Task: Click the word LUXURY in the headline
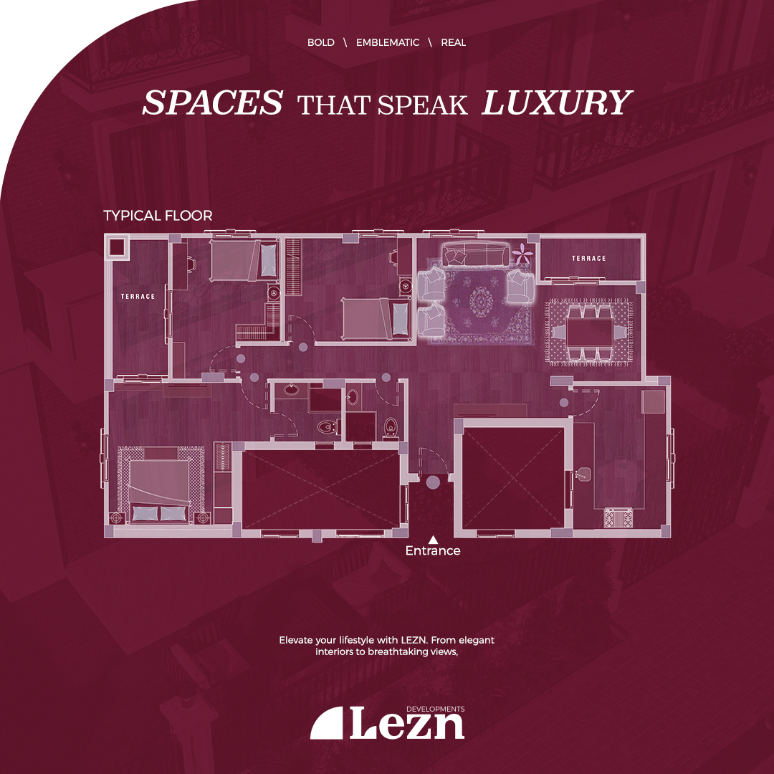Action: pyautogui.click(x=557, y=102)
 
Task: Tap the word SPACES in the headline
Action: pyautogui.click(x=213, y=102)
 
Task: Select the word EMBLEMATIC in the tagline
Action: pyautogui.click(x=388, y=42)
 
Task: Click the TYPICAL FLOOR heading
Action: pyautogui.click(x=158, y=216)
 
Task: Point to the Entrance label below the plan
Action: pyautogui.click(x=433, y=550)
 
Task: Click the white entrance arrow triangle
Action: pyautogui.click(x=433, y=540)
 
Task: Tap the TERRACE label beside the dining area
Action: pyautogui.click(x=588, y=258)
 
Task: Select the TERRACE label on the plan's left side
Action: pyautogui.click(x=138, y=296)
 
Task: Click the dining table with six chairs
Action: pyautogui.click(x=589, y=333)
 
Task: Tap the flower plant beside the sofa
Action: pyautogui.click(x=522, y=253)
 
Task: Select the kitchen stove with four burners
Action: pyautogui.click(x=618, y=518)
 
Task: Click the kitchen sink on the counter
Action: pyautogui.click(x=584, y=474)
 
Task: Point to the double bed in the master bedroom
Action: pyautogui.click(x=160, y=484)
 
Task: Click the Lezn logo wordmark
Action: pyautogui.click(x=407, y=723)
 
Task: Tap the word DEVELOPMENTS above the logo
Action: pyautogui.click(x=436, y=709)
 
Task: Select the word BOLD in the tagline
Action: pyautogui.click(x=321, y=42)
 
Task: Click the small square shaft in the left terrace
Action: pyautogui.click(x=118, y=247)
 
